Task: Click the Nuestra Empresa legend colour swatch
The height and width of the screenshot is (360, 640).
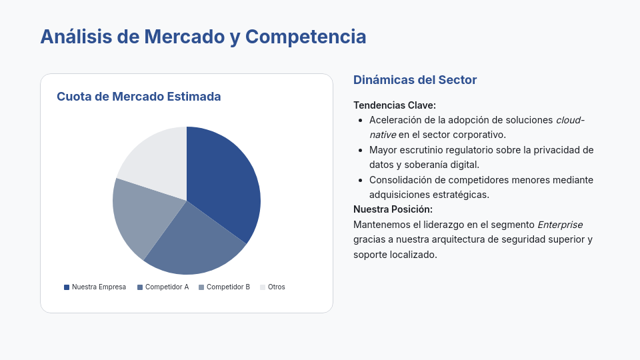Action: pos(67,287)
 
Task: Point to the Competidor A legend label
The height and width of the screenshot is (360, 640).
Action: pos(167,287)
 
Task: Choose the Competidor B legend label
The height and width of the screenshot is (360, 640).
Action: pos(228,287)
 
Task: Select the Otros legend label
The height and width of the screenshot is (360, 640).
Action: pos(276,287)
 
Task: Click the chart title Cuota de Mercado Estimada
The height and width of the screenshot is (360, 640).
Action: pos(139,97)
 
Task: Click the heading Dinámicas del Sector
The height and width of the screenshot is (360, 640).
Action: pos(415,80)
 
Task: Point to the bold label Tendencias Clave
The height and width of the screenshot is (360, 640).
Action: pos(394,105)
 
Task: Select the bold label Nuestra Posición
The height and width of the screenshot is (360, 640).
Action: pos(393,209)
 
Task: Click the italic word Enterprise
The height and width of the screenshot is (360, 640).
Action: pos(560,224)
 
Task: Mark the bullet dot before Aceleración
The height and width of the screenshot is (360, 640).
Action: pos(361,120)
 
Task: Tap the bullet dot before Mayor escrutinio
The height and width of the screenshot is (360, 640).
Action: pos(361,150)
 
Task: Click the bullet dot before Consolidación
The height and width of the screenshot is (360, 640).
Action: pos(361,180)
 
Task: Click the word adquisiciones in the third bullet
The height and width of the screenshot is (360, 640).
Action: pos(402,195)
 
